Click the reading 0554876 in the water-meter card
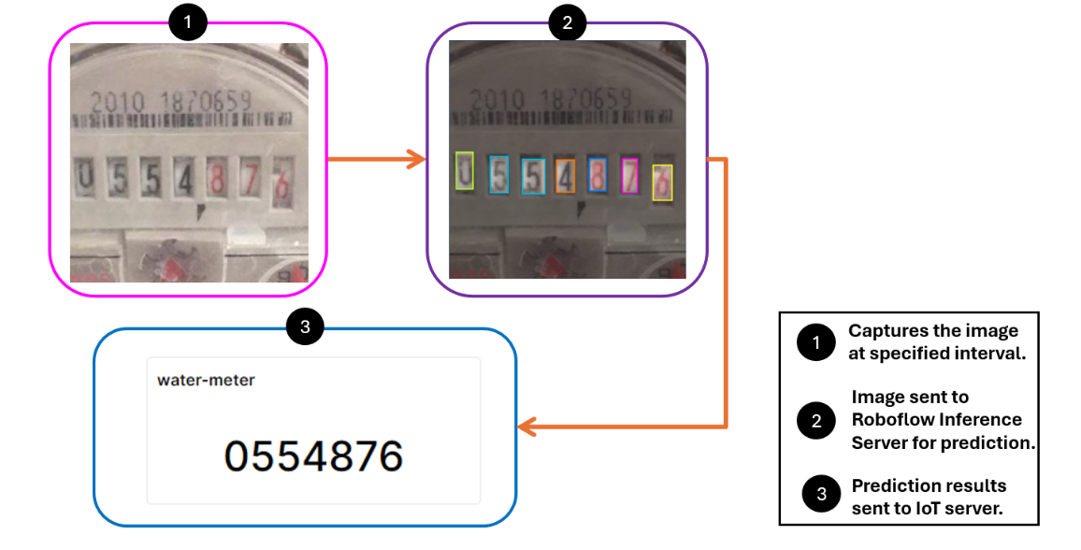pyautogui.click(x=313, y=456)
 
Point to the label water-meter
pyautogui.click(x=206, y=380)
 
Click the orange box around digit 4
pyautogui.click(x=564, y=176)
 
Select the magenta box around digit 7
pyautogui.click(x=629, y=176)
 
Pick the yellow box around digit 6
pyautogui.click(x=662, y=182)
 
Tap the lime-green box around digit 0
pyautogui.click(x=465, y=171)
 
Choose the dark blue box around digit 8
pyautogui.click(x=598, y=175)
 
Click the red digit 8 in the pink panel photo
pyautogui.click(x=218, y=180)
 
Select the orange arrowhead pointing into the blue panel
pyautogui.click(x=526, y=427)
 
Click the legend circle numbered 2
pyautogui.click(x=815, y=421)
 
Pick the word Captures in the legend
pyautogui.click(x=884, y=330)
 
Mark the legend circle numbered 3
pyautogui.click(x=820, y=494)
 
